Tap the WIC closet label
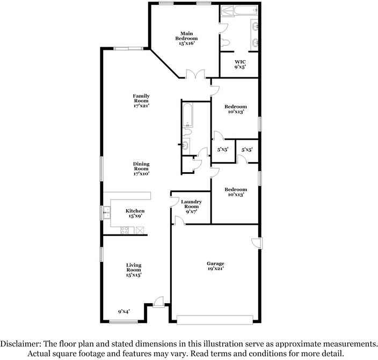point(240,65)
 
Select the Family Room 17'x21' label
point(141,101)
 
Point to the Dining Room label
point(141,168)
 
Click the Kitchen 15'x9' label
point(135,213)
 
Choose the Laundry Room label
point(192,207)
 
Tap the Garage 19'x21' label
point(215,266)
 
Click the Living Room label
point(134,269)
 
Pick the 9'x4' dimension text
point(124,311)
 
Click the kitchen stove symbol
point(125,231)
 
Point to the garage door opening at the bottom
point(214,320)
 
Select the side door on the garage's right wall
point(257,243)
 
